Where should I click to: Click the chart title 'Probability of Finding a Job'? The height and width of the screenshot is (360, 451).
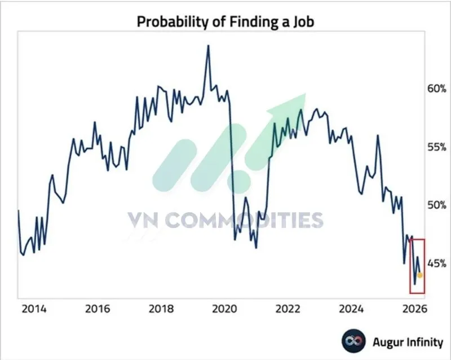(x=225, y=22)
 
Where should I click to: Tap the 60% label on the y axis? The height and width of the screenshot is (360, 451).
(x=436, y=89)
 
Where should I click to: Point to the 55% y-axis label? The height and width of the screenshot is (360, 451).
(x=436, y=147)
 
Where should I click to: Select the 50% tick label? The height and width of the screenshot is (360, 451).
(x=436, y=205)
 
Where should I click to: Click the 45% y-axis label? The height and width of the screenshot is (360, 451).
(x=436, y=263)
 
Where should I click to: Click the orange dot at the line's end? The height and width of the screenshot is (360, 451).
(x=420, y=275)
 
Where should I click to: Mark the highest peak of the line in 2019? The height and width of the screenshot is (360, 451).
(x=208, y=46)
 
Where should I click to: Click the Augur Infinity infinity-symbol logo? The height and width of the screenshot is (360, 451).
(x=352, y=341)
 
